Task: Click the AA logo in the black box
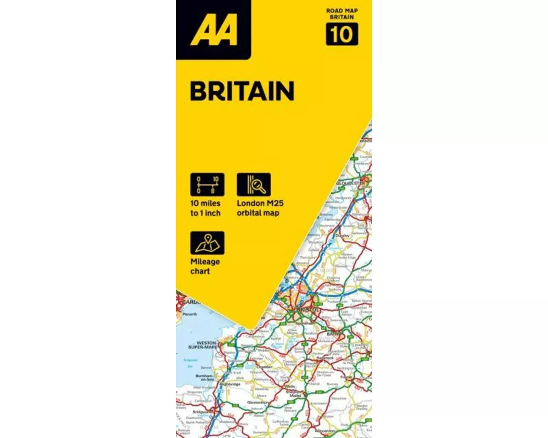pyautogui.click(x=213, y=30)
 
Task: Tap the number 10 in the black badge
pyautogui.click(x=342, y=34)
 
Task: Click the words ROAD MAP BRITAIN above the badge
pyautogui.click(x=342, y=14)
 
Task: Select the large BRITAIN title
pyautogui.click(x=242, y=91)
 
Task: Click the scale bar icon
pyautogui.click(x=207, y=185)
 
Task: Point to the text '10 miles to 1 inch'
pyautogui.click(x=206, y=208)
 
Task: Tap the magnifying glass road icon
pyautogui.click(x=254, y=185)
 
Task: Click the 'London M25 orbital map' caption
pyautogui.click(x=260, y=208)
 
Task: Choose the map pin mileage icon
pyautogui.click(x=207, y=243)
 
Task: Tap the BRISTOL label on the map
pyautogui.click(x=307, y=309)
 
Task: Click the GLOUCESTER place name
pyautogui.click(x=351, y=183)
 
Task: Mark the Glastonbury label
pyautogui.click(x=257, y=402)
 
